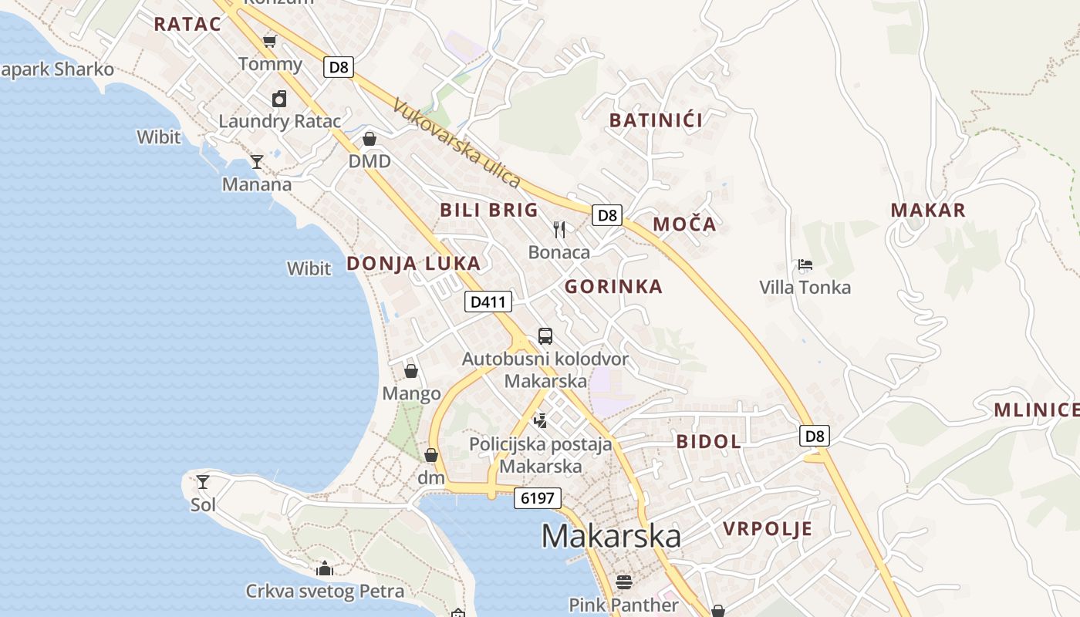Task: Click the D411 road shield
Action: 488,302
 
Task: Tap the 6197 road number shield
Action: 537,497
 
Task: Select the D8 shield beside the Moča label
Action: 607,215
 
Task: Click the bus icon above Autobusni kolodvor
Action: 545,336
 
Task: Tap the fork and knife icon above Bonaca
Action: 559,229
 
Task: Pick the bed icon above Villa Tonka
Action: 805,265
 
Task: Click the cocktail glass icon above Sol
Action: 203,482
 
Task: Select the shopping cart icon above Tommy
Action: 269,41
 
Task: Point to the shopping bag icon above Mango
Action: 411,371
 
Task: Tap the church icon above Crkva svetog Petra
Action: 325,569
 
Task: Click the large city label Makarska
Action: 611,535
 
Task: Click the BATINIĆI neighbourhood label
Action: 656,120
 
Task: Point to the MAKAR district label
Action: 928,210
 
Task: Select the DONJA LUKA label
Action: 413,263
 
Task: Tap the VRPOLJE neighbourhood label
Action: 768,528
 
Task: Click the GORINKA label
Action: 613,287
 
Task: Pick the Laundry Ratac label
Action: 279,121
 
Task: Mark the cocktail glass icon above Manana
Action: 257,161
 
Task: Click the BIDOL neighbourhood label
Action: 708,441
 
